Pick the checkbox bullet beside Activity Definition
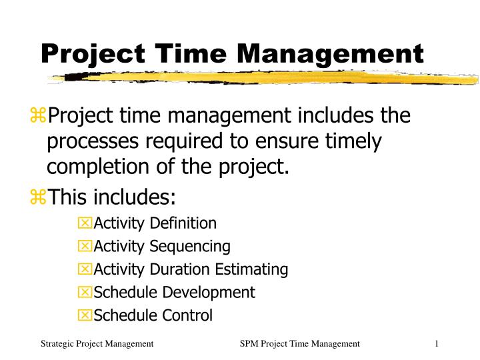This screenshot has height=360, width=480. (85, 223)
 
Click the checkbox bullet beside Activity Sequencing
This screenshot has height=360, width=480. (85, 247)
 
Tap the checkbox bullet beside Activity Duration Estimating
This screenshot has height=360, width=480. (85, 269)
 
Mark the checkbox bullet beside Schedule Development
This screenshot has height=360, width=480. (85, 292)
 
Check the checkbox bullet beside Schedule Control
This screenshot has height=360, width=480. (85, 315)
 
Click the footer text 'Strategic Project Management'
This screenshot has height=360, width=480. (97, 343)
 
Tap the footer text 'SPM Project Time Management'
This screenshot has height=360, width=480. (300, 343)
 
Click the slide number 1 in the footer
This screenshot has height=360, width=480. (436, 343)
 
